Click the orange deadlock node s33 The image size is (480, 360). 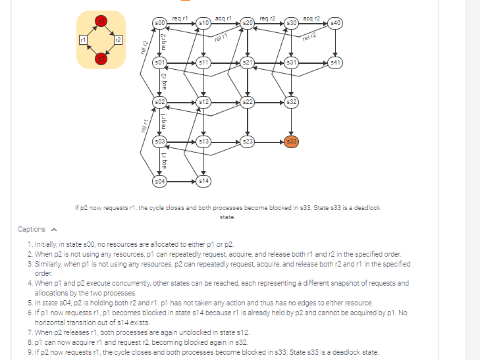click(292, 141)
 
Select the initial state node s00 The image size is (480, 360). click(159, 23)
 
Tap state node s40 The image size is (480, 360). click(335, 23)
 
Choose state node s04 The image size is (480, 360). click(159, 180)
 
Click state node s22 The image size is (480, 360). click(248, 102)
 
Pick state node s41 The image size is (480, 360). click(335, 63)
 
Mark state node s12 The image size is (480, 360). click(203, 102)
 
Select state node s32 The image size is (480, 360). click(292, 102)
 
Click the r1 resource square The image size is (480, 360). click(82, 41)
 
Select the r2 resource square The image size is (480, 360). click(118, 41)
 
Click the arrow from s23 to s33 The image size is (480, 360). click(270, 141)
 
